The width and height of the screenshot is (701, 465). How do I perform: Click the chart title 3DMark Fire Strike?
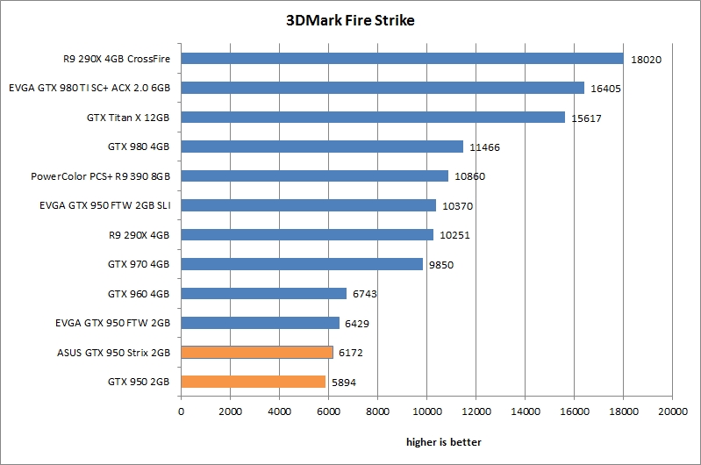coord(350,20)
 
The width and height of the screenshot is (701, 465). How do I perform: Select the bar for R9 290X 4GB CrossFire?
coord(402,59)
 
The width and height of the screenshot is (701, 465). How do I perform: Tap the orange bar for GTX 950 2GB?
coord(253,382)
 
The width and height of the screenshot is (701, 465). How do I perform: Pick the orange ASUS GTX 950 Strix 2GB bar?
coord(256,352)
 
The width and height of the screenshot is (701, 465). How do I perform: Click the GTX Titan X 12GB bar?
coord(373,118)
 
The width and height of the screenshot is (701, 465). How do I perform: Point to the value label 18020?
coord(642,59)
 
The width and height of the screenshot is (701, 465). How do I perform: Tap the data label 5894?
coord(345,382)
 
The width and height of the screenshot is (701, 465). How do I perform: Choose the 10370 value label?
coord(454,205)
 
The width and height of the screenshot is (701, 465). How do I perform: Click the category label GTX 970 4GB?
coord(139,264)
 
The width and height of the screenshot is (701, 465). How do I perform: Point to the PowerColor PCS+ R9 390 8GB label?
coord(100,176)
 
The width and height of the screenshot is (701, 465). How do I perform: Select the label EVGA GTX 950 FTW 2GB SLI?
coord(104,205)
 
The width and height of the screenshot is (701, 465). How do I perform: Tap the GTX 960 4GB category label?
coord(139,293)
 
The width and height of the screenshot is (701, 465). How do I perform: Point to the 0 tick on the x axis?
coord(181,410)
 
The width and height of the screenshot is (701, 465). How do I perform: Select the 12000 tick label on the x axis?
coord(476,410)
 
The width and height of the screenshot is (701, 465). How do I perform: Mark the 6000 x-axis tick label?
coord(328,410)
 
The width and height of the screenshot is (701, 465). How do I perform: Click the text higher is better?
coord(443,441)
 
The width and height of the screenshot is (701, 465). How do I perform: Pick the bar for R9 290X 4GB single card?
coord(307,235)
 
